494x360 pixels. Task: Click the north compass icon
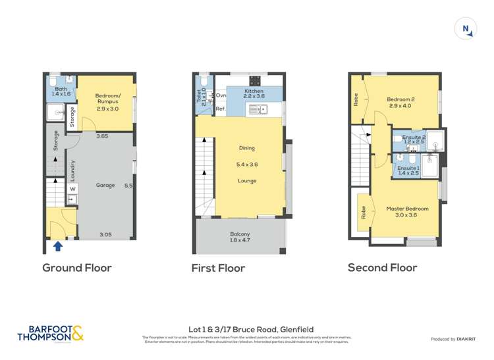click(x=466, y=28)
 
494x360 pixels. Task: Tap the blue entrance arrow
click(x=57, y=246)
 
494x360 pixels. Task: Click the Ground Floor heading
click(x=77, y=268)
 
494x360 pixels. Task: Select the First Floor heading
click(x=218, y=268)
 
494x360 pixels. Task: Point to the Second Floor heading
click(x=382, y=268)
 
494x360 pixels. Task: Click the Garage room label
click(x=105, y=186)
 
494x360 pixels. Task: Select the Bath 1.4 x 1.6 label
click(x=61, y=92)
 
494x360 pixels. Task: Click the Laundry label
click(x=72, y=170)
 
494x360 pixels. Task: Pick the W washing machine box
click(x=72, y=188)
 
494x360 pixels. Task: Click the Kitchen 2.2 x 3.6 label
click(x=254, y=93)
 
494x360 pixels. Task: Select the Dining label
click(x=247, y=148)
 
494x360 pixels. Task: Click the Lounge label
click(x=247, y=180)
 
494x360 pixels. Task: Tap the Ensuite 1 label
click(x=407, y=170)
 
